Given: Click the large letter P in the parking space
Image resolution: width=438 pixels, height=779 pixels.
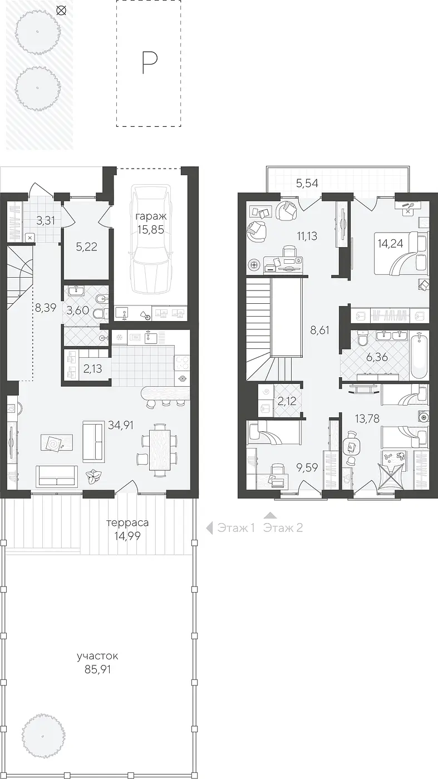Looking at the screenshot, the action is point(150,62).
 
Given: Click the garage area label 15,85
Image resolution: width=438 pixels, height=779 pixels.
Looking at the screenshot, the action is point(151,229).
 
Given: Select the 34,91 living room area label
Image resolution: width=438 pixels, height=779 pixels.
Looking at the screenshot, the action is point(121,425).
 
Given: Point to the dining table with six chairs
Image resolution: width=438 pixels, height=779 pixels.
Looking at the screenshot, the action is point(160,449).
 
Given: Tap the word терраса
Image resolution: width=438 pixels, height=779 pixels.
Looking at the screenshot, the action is point(127,522).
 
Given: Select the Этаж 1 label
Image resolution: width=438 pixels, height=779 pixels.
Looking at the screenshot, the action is point(236,528).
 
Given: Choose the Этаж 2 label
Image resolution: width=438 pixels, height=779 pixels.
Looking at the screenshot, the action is point(283,528).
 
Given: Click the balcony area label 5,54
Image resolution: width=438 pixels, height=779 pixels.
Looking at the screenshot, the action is point(307,183).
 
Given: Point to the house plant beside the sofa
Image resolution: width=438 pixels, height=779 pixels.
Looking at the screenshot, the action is point(93,476).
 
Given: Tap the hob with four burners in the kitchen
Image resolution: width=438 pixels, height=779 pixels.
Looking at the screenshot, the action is point(182,363).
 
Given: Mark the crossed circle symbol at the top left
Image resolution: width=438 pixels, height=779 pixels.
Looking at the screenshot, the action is point(62,11).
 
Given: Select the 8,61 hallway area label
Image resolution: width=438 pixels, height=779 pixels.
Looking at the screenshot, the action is point(319,330).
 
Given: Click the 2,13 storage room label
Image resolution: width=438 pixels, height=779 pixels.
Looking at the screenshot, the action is point(92,368).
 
